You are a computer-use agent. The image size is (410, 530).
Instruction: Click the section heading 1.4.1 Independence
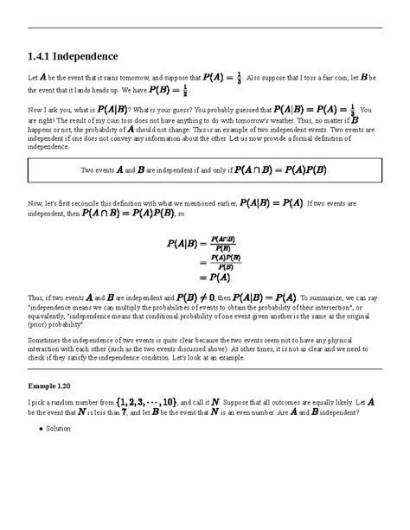pos(73,56)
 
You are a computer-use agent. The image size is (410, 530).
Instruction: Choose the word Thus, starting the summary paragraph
pos(37,298)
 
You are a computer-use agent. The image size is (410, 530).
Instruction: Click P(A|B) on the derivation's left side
pos(183,245)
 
